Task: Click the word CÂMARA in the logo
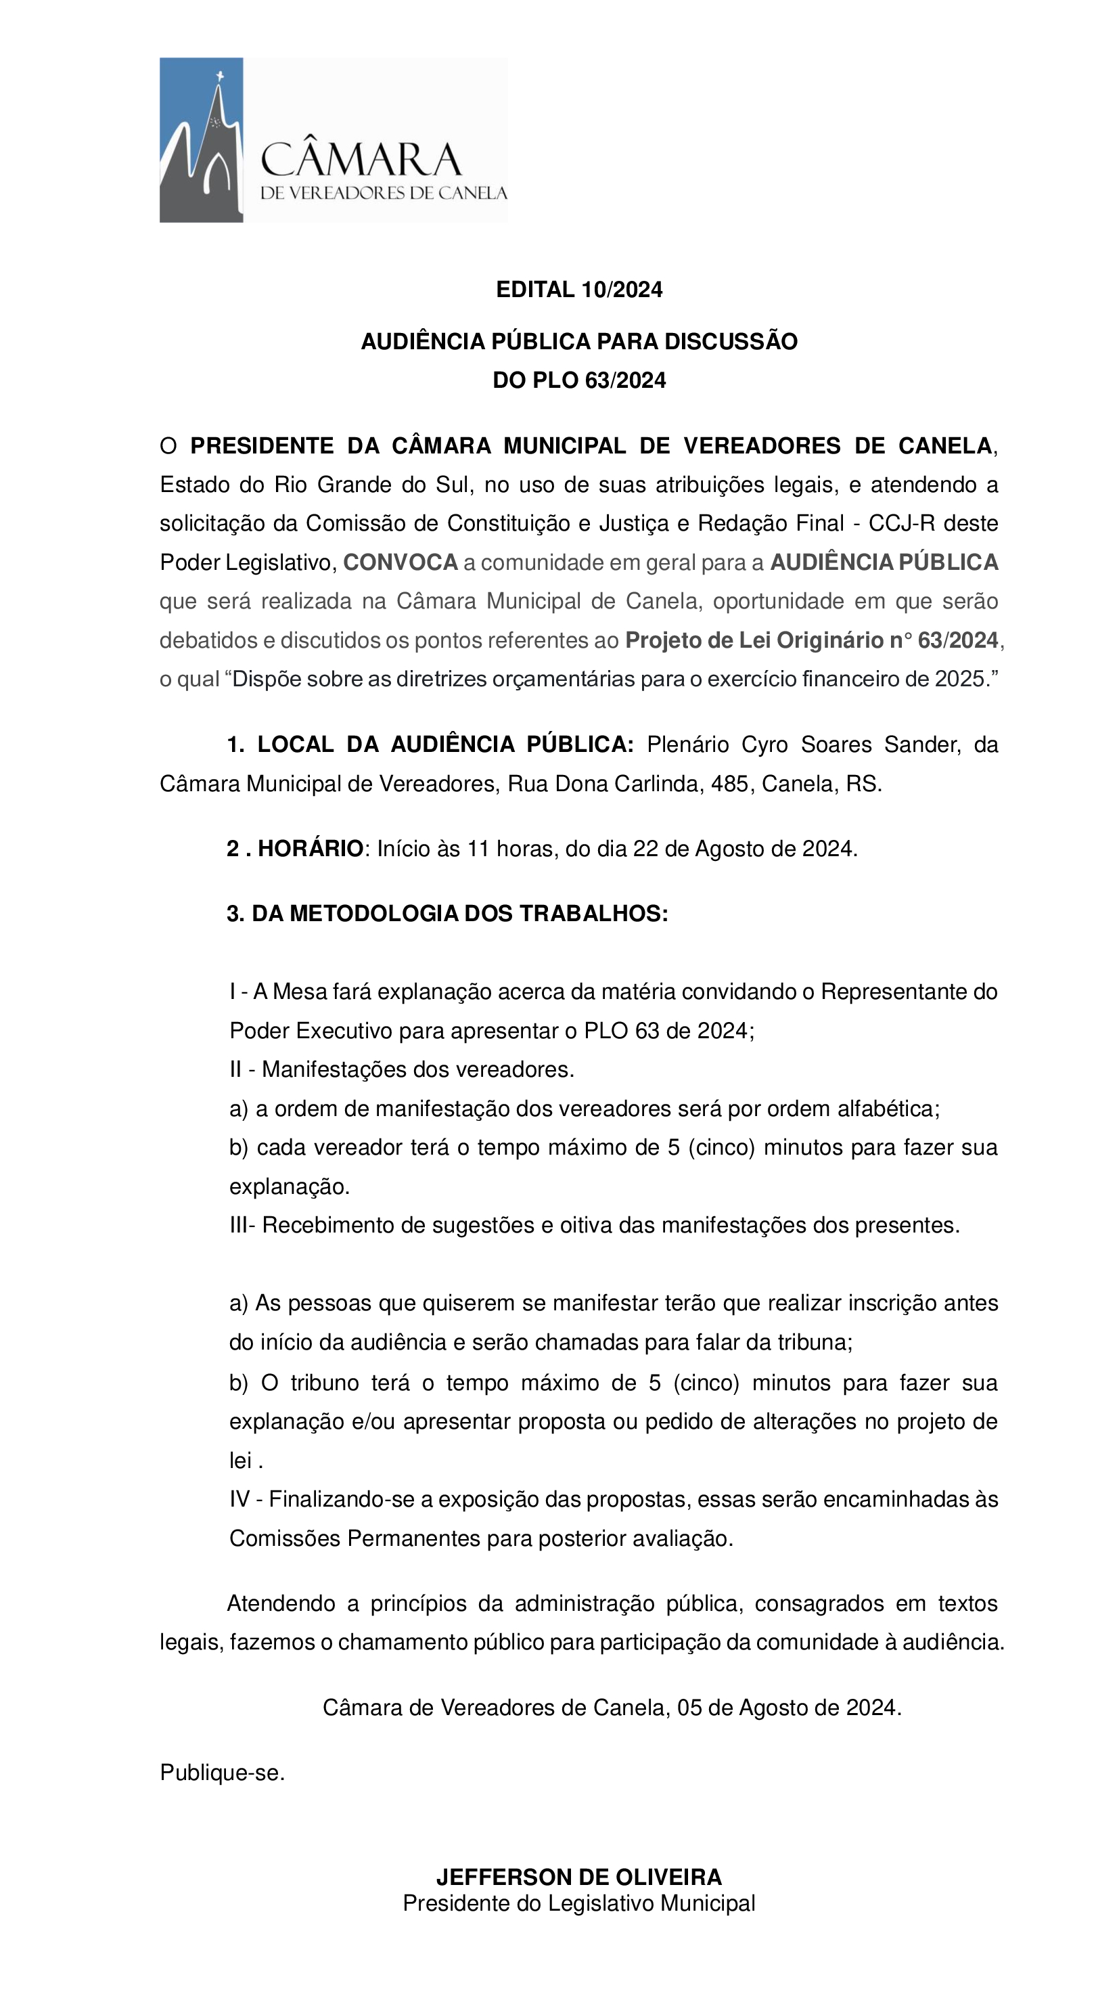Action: (x=361, y=160)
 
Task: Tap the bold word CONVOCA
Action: (x=400, y=563)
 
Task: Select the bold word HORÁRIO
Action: (x=310, y=849)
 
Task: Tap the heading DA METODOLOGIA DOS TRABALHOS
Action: (x=459, y=914)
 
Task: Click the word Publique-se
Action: (x=223, y=1773)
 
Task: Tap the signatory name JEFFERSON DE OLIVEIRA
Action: (x=578, y=1877)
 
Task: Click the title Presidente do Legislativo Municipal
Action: (x=578, y=1903)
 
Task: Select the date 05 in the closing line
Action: (x=689, y=1708)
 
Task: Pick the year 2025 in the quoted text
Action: (x=959, y=680)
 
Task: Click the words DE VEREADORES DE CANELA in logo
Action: (x=383, y=193)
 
